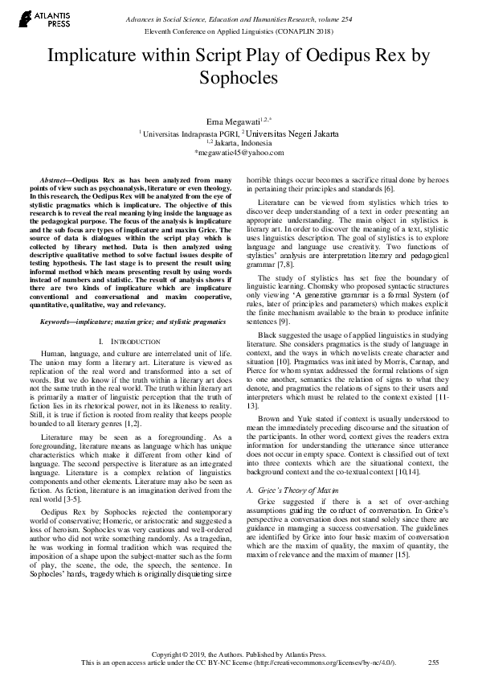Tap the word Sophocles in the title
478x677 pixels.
239,79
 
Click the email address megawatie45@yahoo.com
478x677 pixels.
239,152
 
